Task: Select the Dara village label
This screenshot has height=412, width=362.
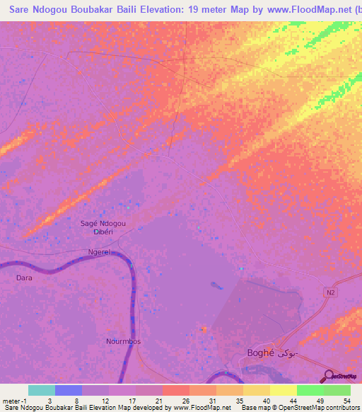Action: (x=24, y=278)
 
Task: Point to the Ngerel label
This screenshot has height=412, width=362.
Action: (x=100, y=252)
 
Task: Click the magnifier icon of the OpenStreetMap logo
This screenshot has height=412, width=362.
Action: (x=328, y=375)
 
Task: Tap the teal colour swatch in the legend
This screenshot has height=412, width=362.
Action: (x=42, y=390)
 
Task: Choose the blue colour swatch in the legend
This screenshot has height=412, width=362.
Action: (x=69, y=390)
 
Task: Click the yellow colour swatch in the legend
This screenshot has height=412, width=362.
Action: (x=284, y=390)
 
